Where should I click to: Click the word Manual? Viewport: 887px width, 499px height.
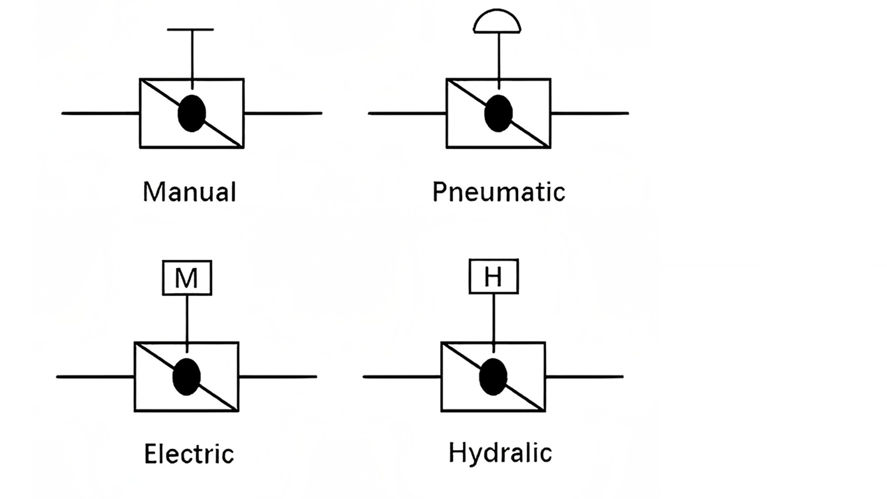[x=189, y=192]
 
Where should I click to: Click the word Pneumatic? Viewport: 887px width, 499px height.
[x=498, y=192]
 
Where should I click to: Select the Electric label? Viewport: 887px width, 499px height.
[x=189, y=454]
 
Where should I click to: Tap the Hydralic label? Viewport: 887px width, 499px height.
[x=500, y=452]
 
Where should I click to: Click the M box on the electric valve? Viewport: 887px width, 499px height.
[x=187, y=278]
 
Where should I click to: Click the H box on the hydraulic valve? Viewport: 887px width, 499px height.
[x=493, y=276]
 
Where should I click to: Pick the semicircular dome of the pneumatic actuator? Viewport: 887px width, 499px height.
[x=497, y=22]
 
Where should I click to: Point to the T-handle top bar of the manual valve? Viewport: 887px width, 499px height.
[x=190, y=30]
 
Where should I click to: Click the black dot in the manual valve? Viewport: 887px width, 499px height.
[x=192, y=113]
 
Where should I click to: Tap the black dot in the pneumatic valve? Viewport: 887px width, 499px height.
[x=498, y=113]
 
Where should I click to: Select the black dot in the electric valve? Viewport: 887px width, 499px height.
[x=187, y=377]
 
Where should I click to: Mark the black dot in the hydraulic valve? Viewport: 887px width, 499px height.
[x=493, y=377]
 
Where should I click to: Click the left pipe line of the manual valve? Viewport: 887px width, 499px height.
[x=101, y=113]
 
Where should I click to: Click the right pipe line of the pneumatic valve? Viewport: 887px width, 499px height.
[x=589, y=113]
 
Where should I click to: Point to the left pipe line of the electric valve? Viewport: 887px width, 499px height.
[x=95, y=377]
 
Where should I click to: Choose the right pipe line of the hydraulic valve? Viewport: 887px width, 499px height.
[x=584, y=377]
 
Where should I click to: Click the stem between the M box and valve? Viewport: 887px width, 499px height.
[x=187, y=319]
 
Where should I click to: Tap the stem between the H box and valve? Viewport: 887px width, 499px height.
[x=494, y=318]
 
